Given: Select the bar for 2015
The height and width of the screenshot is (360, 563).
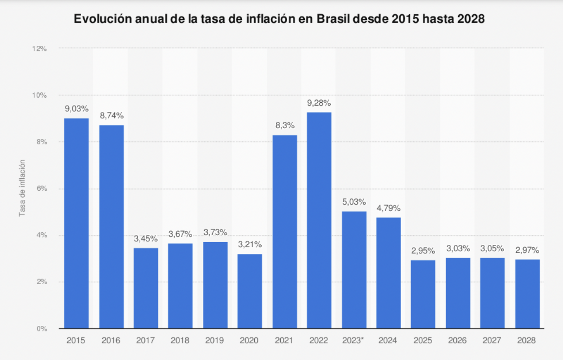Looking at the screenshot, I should point(76,223).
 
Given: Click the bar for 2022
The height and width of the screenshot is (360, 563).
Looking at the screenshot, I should point(319,220).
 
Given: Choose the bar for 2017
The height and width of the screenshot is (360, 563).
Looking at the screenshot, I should point(146,288).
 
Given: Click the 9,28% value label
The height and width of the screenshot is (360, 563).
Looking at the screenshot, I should point(319,103).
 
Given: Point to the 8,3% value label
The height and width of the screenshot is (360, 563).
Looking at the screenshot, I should point(285,126).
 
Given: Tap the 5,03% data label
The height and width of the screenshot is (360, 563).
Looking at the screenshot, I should point(354,202).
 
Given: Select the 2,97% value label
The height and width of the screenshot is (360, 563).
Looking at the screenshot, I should point(527,250).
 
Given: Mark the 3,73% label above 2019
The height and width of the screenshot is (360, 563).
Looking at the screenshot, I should point(215,233).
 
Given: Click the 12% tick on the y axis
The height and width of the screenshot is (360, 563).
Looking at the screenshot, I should point(39,48).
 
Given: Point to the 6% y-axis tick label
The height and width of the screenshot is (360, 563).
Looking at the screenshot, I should point(41,189).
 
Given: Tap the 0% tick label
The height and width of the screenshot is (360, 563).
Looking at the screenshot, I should point(41,329).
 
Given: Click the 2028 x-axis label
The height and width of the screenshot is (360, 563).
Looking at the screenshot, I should point(527,341).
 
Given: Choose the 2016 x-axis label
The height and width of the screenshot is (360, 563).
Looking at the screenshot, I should point(111,341).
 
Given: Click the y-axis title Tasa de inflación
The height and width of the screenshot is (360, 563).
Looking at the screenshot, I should point(22,188).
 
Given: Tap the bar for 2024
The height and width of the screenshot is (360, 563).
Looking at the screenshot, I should point(389,273).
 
